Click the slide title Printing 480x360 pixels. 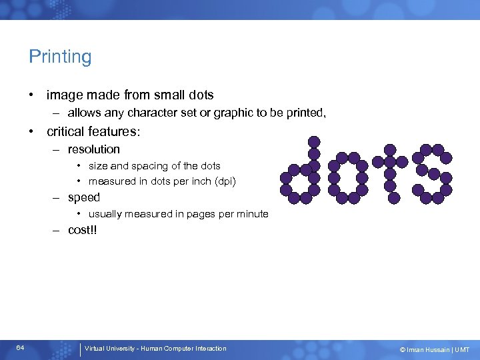[x=60, y=57]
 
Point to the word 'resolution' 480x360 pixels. [x=94, y=149]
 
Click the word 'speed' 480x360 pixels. [x=84, y=197]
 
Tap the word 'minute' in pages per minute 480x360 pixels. [x=252, y=214]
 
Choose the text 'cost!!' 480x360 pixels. [x=83, y=230]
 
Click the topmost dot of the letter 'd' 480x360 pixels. [x=313, y=141]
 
